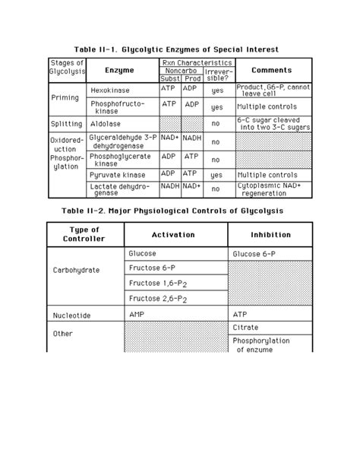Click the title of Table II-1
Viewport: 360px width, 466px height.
(x=181, y=48)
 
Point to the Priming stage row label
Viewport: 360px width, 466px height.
(x=65, y=98)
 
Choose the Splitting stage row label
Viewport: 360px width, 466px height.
(x=66, y=123)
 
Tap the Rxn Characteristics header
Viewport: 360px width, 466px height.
(x=196, y=62)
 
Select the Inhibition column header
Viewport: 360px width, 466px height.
(x=270, y=235)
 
